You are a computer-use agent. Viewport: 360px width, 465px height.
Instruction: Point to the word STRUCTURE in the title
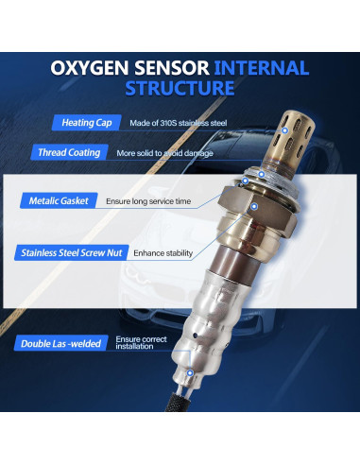(x=180, y=90)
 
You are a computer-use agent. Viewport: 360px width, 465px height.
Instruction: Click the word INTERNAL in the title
(x=263, y=69)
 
